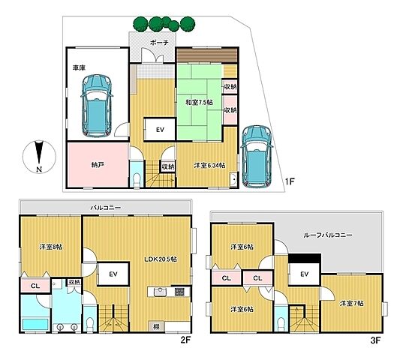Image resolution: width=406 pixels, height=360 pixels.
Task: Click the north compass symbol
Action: pos(39,157)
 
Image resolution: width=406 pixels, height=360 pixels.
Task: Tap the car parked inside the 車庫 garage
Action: pos(97,106)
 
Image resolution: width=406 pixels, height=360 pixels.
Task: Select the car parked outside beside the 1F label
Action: pos(257,157)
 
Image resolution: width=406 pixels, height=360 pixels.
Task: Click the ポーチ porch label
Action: pos(159,43)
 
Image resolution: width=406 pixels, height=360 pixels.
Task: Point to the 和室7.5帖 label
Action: pos(199,103)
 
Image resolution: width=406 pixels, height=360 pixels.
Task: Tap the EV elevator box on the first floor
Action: pos(160,130)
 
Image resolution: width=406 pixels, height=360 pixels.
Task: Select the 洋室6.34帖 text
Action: pos(209,166)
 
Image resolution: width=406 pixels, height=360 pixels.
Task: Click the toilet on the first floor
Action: pos(136,178)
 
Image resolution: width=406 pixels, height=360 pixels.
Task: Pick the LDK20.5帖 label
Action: pos(161,259)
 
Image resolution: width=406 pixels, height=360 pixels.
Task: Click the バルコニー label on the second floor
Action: pos(105,208)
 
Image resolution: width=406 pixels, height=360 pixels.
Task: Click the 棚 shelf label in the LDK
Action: pos(156,326)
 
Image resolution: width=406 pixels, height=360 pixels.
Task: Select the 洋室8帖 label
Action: pos(51,247)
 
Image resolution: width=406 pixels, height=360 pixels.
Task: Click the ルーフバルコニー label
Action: pos(327,235)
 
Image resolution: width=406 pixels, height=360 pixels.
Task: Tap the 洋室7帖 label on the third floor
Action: pos(352,303)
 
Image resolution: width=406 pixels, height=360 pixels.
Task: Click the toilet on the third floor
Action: pos(281,323)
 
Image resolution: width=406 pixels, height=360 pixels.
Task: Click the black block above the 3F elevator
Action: pos(305,258)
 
